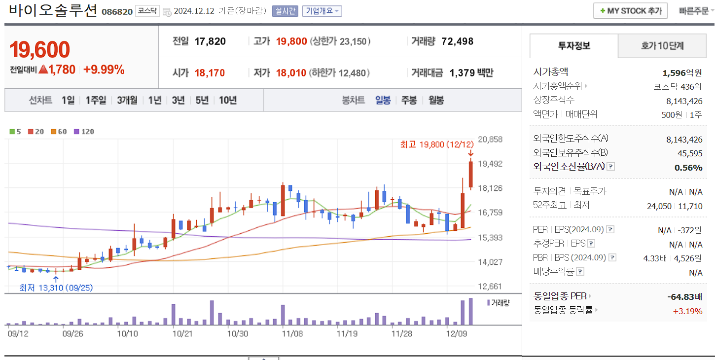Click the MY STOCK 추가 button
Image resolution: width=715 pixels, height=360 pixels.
pyautogui.click(x=631, y=11)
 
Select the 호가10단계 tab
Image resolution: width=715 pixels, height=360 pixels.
pyautogui.click(x=662, y=46)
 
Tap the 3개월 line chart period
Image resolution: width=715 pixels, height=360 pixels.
pyautogui.click(x=127, y=100)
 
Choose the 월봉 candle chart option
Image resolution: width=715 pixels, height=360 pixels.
pyautogui.click(x=436, y=100)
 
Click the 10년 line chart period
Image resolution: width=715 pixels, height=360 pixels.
pyautogui.click(x=228, y=100)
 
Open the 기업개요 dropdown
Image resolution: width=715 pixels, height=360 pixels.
pyautogui.click(x=322, y=11)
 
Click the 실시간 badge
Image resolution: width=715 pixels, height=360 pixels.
pyautogui.click(x=285, y=11)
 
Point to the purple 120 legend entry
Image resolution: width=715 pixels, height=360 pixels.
pyautogui.click(x=84, y=132)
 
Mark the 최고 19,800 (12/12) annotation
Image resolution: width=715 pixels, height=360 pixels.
pyautogui.click(x=437, y=144)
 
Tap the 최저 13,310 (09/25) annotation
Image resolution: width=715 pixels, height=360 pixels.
pyautogui.click(x=56, y=288)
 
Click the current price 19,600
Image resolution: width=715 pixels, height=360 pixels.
pyautogui.click(x=40, y=49)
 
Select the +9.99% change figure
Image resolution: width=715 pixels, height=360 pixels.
pyautogui.click(x=104, y=70)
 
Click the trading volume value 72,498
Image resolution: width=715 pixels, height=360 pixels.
pyautogui.click(x=457, y=41)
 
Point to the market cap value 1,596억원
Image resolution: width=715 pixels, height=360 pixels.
pyautogui.click(x=682, y=72)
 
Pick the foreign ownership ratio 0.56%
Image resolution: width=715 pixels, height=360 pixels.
pyautogui.click(x=688, y=167)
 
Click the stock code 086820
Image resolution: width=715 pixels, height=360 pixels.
pyautogui.click(x=117, y=11)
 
